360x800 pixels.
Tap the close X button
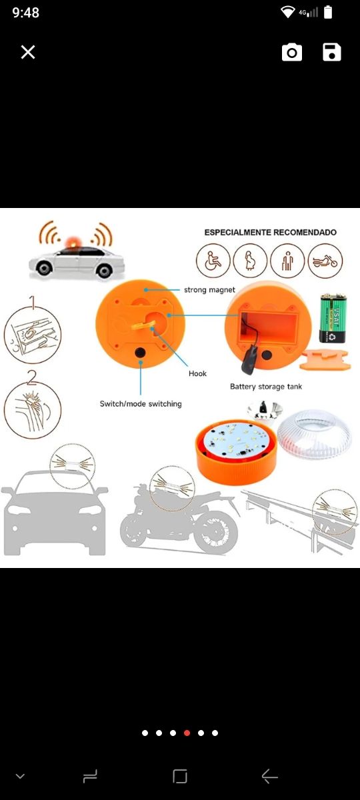coord(28,52)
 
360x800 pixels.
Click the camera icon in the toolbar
coord(292,53)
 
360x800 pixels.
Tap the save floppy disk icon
coord(332,53)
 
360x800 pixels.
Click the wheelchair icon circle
coord(213,261)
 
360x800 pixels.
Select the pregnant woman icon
coord(250,261)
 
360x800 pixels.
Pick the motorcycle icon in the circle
coord(325,261)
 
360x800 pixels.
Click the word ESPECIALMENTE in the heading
coord(237,232)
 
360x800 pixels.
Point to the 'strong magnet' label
coord(209,290)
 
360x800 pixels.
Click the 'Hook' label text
coord(197,373)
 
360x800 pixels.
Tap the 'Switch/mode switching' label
coord(141,404)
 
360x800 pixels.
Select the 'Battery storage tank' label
coord(266,387)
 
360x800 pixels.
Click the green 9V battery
coord(333,318)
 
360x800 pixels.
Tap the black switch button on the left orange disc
coord(140,353)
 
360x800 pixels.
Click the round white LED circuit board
coord(237,440)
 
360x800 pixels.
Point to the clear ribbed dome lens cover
coord(308,433)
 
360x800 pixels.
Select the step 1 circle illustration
coord(33,335)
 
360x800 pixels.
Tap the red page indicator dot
coord(187,733)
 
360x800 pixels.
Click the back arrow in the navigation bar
coord(269,776)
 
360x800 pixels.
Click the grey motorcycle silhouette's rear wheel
coord(217,531)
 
